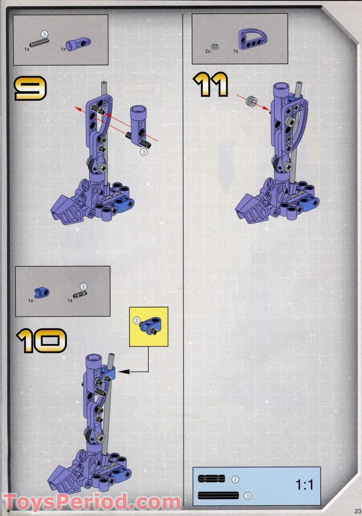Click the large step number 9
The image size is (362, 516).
click(x=30, y=88)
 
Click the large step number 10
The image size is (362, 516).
click(x=41, y=341)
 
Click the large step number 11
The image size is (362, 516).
click(x=211, y=84)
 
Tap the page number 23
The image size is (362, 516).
click(x=358, y=511)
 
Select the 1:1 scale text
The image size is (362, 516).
click(x=304, y=485)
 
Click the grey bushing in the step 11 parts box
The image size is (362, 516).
click(x=215, y=47)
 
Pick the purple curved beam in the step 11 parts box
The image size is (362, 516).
click(x=252, y=39)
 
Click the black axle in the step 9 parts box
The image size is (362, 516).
click(x=39, y=43)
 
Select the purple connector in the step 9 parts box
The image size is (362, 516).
click(x=78, y=44)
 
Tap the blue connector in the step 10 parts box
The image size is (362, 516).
click(x=42, y=293)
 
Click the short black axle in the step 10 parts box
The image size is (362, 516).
click(x=80, y=294)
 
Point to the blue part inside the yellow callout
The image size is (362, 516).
click(x=150, y=325)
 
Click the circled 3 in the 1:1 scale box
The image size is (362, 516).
click(x=248, y=495)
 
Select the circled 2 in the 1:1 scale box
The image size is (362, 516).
click(x=235, y=479)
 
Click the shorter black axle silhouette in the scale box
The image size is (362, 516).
click(x=212, y=478)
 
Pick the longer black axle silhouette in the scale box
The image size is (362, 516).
click(x=218, y=495)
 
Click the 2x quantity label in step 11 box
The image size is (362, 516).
click(x=208, y=51)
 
